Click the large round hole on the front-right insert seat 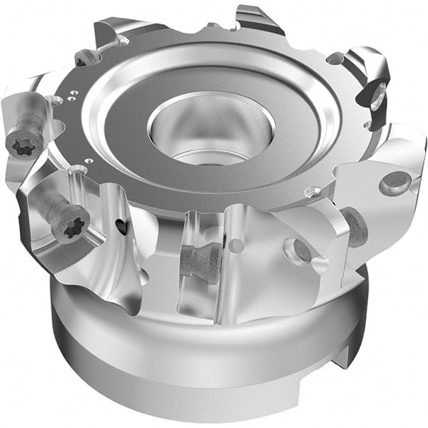tap(297, 250)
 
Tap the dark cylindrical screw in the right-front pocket tap(354, 227)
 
